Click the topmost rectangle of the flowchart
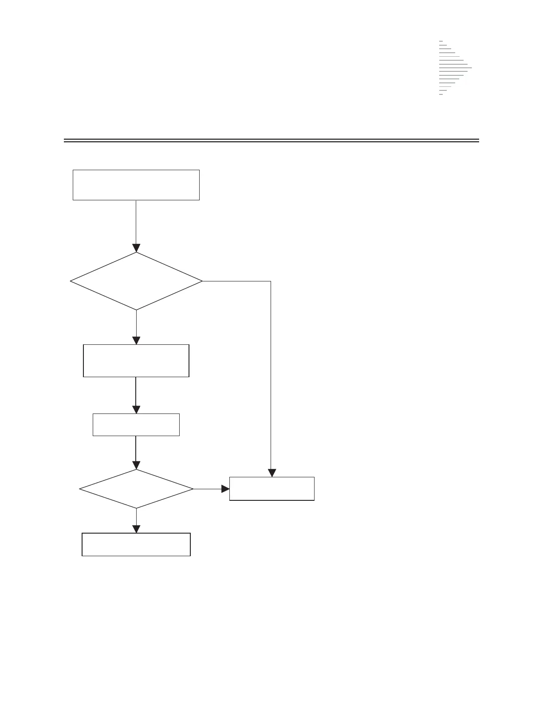pyautogui.click(x=136, y=185)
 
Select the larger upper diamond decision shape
pyautogui.click(x=136, y=281)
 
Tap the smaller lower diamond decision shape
pyautogui.click(x=136, y=489)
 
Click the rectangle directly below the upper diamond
pyautogui.click(x=136, y=361)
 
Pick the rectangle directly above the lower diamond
pyautogui.click(x=136, y=425)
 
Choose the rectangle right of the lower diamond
pyautogui.click(x=271, y=489)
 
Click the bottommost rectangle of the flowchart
pyautogui.click(x=136, y=544)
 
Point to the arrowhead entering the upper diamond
pyautogui.click(x=136, y=248)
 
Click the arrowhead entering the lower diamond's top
pyautogui.click(x=136, y=465)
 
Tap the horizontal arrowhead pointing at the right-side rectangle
pyautogui.click(x=225, y=489)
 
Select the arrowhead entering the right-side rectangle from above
pyautogui.click(x=272, y=473)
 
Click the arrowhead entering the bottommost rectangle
pyautogui.click(x=136, y=529)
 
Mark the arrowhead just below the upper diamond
pyautogui.click(x=136, y=340)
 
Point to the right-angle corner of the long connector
pyautogui.click(x=271, y=281)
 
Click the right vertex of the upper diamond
pyautogui.click(x=202, y=281)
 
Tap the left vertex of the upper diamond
pyautogui.click(x=71, y=281)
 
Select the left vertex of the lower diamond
pyautogui.click(x=80, y=489)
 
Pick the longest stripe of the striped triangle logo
pyautogui.click(x=455, y=68)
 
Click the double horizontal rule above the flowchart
pyautogui.click(x=271, y=140)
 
